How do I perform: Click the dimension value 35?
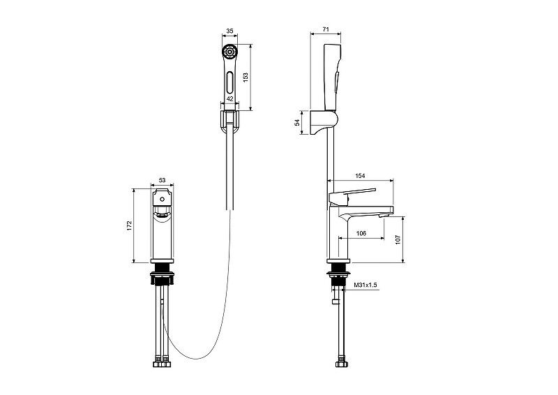point(230,31)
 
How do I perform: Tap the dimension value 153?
point(246,77)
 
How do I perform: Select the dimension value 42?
point(230,98)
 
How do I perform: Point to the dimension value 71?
point(326,29)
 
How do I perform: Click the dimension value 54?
point(297,122)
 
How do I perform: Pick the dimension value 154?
point(360,176)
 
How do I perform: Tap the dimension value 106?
point(361,233)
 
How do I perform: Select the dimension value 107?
point(398,239)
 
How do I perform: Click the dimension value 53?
point(162,180)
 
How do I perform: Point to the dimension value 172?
point(129,226)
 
